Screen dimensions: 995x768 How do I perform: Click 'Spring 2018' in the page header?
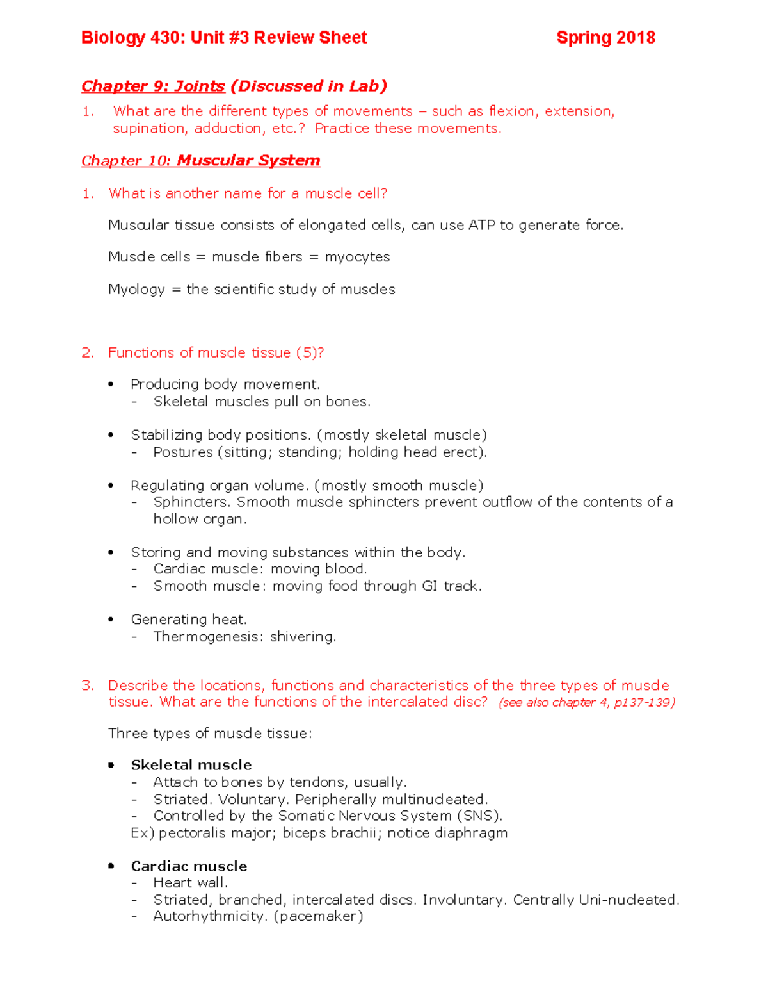[605, 38]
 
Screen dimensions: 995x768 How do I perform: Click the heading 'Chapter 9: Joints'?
[153, 86]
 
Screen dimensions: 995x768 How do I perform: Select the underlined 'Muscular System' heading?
[248, 161]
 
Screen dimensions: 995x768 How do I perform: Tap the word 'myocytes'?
[357, 258]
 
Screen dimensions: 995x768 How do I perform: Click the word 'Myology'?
[136, 290]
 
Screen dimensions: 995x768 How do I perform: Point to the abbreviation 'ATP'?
[481, 226]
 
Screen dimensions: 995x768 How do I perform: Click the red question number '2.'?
[88, 353]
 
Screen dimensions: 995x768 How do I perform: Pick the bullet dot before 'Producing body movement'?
[111, 384]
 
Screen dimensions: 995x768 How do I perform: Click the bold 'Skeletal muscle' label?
[191, 765]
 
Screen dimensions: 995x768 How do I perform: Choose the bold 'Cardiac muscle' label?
[189, 866]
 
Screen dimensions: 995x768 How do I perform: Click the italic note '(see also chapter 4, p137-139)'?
[586, 703]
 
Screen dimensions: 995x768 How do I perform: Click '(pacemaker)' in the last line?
[318, 917]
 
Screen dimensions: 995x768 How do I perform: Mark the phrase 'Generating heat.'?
[189, 620]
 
